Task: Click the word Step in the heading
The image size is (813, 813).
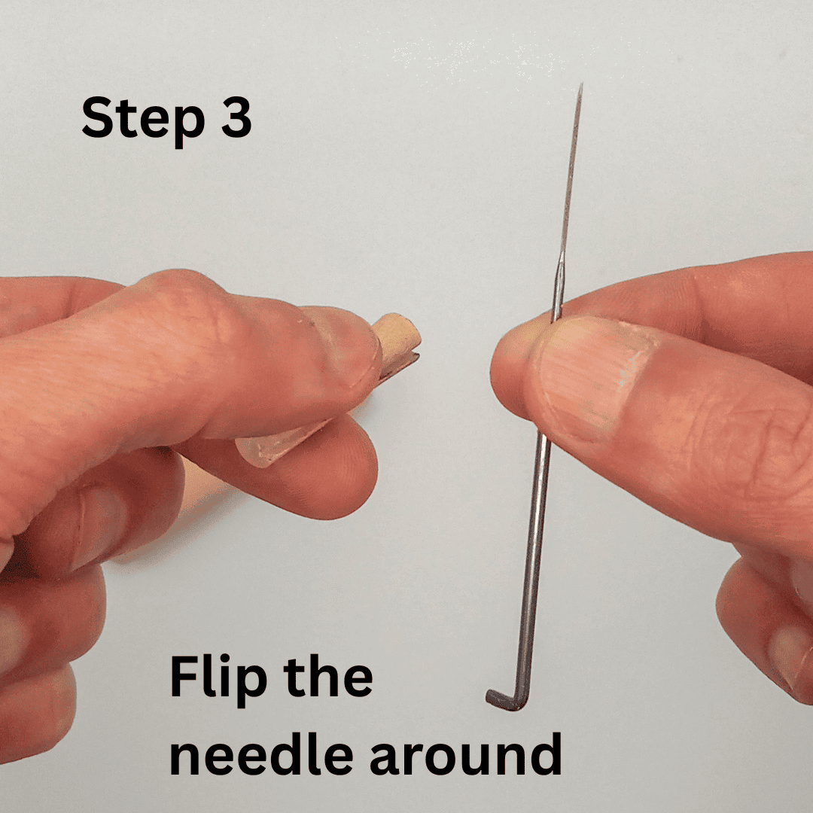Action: click(x=143, y=120)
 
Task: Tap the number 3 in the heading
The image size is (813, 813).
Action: click(x=236, y=117)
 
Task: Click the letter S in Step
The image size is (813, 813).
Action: click(x=97, y=117)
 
